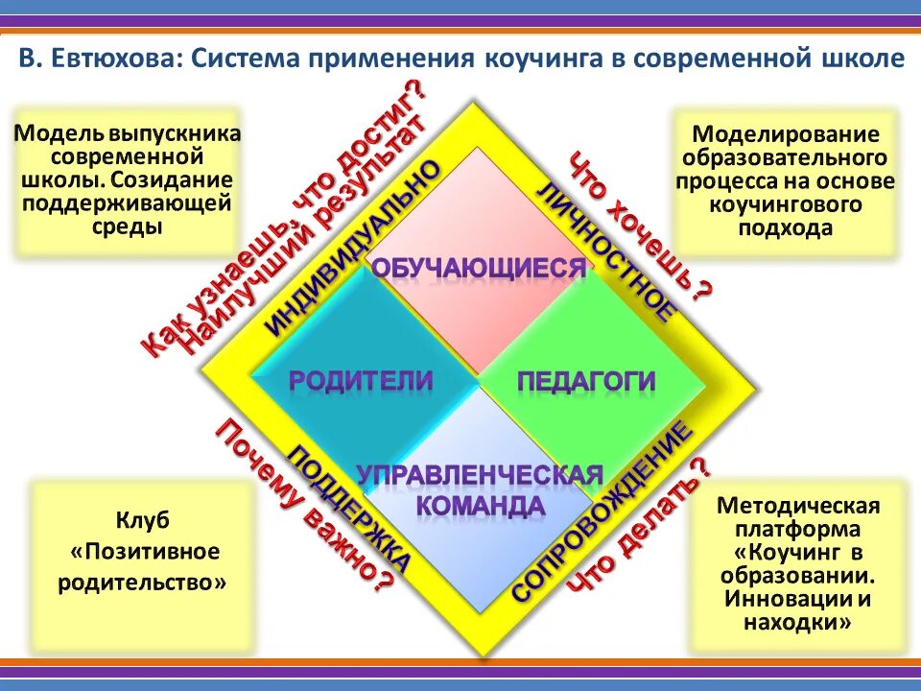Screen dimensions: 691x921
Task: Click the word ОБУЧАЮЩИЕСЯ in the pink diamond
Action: [478, 268]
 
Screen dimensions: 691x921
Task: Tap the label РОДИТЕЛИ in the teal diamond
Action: [361, 380]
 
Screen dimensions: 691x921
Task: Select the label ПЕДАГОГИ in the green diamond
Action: [586, 381]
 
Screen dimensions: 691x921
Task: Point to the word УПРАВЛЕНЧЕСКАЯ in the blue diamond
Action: [480, 474]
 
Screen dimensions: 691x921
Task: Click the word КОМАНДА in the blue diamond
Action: [481, 505]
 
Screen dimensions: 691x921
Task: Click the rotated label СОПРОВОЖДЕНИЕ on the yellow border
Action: [602, 512]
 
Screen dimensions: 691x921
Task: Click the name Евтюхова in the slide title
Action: [112, 60]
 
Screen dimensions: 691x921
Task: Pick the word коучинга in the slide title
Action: [538, 60]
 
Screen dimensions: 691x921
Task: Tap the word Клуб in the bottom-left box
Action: [143, 520]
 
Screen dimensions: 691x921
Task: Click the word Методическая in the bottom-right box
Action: [798, 506]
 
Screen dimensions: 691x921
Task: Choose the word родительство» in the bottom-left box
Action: [143, 583]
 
